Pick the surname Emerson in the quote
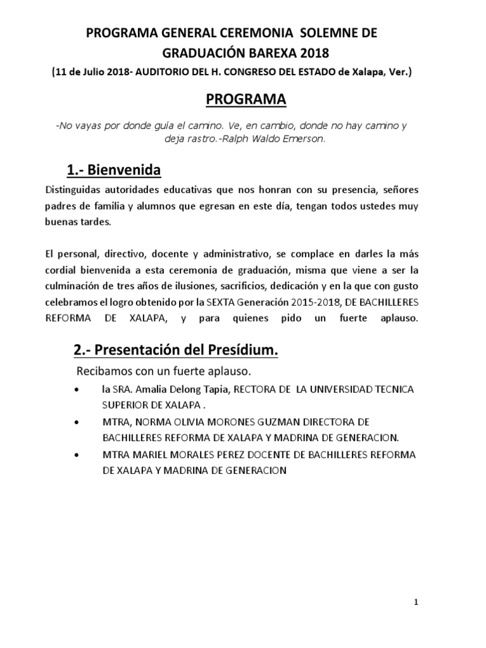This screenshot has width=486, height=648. (x=306, y=139)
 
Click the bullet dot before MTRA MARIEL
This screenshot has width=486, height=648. (x=77, y=455)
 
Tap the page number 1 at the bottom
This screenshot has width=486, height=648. (x=415, y=602)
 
